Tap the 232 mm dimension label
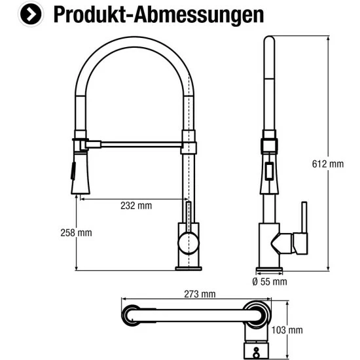pos(136,206)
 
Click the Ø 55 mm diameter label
pos(269,282)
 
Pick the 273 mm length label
pos(200,294)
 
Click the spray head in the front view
pos(77,171)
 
